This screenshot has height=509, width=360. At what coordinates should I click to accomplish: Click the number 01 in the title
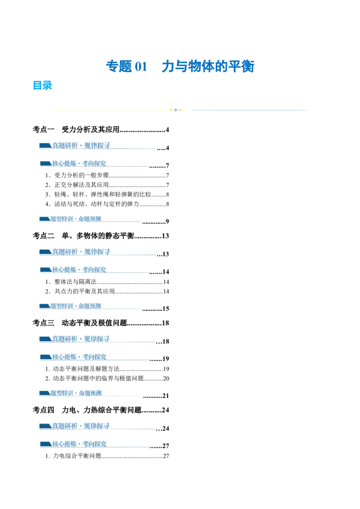tap(141, 67)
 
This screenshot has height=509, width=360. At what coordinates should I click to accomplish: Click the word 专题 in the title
tap(119, 67)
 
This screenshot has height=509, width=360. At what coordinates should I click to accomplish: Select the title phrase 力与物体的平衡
tap(209, 67)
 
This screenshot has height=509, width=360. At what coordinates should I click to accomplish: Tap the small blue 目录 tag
tap(43, 86)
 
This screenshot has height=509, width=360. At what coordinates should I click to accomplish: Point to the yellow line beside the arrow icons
tap(110, 110)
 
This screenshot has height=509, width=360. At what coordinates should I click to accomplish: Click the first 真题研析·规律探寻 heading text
tap(81, 145)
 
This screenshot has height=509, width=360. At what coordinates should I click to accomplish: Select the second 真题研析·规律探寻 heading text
tap(81, 252)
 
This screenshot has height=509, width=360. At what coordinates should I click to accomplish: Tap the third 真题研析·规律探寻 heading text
tap(81, 339)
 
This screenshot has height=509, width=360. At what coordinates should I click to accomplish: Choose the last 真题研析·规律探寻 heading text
tap(81, 425)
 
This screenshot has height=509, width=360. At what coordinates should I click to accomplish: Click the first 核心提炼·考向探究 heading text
tap(79, 164)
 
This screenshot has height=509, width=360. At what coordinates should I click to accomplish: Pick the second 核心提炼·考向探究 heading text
tap(79, 270)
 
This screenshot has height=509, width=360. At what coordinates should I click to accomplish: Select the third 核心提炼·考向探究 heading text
tap(79, 357)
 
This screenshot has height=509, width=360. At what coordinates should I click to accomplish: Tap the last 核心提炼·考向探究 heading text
tap(79, 444)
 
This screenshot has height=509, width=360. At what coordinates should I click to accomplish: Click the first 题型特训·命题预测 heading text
tap(76, 219)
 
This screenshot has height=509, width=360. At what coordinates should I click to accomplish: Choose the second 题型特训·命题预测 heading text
tap(76, 306)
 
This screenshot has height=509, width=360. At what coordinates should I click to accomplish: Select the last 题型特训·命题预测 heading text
tap(76, 393)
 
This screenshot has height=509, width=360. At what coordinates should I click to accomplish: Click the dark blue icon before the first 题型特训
tap(45, 219)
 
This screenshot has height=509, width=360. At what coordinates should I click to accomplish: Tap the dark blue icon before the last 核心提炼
tap(45, 444)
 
